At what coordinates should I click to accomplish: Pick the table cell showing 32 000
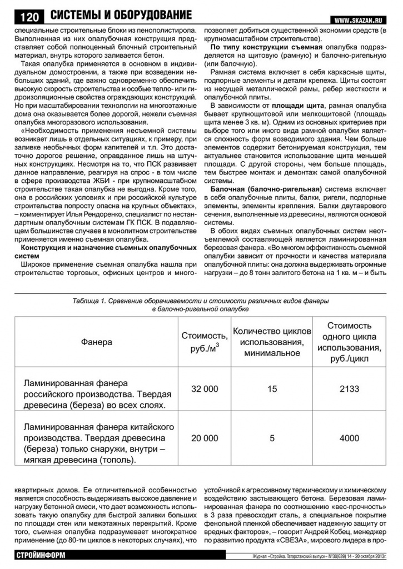205,389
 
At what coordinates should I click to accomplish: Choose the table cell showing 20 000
205,438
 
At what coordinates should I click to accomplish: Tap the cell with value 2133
349,389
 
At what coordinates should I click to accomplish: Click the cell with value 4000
349,438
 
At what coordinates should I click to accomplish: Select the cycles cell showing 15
272,389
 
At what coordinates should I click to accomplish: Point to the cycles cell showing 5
272,438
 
